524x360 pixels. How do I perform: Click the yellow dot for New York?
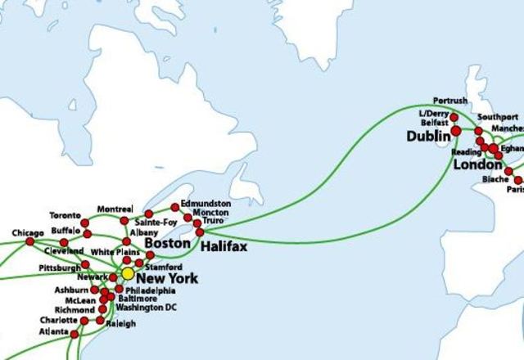click(128, 273)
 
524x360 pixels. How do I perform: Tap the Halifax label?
click(222, 245)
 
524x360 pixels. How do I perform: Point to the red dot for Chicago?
click(30, 241)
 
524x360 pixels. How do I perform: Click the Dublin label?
click(426, 136)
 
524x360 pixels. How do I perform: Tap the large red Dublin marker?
click(456, 130)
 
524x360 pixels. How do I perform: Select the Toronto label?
click(65, 215)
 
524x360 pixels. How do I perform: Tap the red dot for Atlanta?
click(75, 334)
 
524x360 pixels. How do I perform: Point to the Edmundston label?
click(206, 203)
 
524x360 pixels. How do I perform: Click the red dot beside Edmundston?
click(174, 206)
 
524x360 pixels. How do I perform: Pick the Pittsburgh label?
click(59, 267)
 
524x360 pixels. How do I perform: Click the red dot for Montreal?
click(124, 221)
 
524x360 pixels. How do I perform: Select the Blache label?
click(495, 178)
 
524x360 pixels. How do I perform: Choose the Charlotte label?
click(57, 320)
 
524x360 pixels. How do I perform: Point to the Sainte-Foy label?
click(156, 221)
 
